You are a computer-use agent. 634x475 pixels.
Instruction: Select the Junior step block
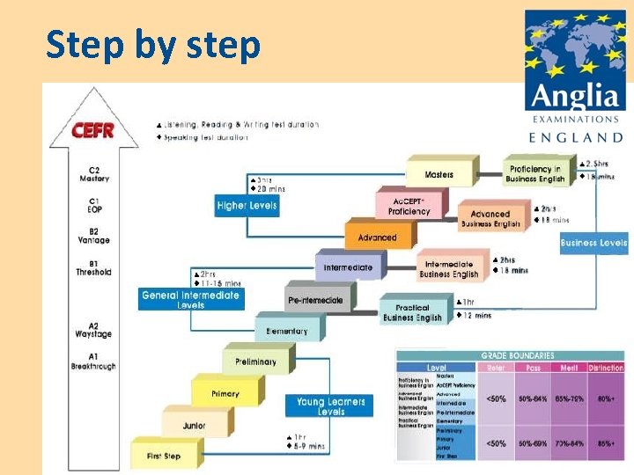tap(195, 425)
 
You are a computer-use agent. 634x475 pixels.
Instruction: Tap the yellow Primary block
tap(225, 393)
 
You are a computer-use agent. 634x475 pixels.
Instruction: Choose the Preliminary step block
tap(255, 362)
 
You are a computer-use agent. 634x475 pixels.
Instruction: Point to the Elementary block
tap(287, 331)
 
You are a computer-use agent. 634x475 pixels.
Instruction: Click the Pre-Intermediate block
tap(316, 300)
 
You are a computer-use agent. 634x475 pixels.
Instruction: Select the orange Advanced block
tap(377, 237)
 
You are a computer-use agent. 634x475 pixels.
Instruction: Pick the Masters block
tap(439, 174)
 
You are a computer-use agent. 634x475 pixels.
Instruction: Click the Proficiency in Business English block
tap(534, 173)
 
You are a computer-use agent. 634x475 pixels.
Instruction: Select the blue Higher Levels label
tap(247, 206)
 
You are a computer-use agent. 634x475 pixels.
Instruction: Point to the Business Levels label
tap(593, 243)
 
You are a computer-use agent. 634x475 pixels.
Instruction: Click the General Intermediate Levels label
tap(190, 299)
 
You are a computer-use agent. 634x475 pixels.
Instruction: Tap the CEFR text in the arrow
tap(92, 130)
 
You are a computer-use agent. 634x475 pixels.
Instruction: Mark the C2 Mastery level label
tap(93, 174)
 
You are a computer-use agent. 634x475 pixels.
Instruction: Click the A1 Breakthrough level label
tap(93, 361)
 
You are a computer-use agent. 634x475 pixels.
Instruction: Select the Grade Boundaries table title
tap(517, 355)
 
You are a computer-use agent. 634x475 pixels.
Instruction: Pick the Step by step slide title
tap(153, 44)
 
